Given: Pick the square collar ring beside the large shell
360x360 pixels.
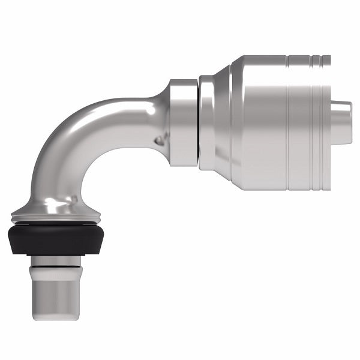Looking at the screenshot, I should pos(183,122).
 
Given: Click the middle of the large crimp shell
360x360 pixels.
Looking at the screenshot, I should pos(264,122).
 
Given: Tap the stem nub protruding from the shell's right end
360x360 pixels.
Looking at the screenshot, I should pos(341,123).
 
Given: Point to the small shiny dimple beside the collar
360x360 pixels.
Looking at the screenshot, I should pos(159,140).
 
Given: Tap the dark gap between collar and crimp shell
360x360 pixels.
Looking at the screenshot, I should pos(199,122).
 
